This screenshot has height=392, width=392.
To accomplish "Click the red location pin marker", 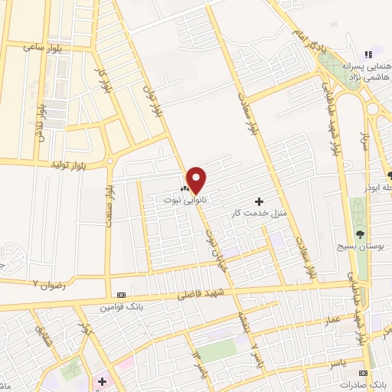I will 197,179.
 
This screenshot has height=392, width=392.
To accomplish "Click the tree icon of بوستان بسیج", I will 360,234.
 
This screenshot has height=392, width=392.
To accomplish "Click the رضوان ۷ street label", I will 45,283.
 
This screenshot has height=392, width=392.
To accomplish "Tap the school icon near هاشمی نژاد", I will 368,55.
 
